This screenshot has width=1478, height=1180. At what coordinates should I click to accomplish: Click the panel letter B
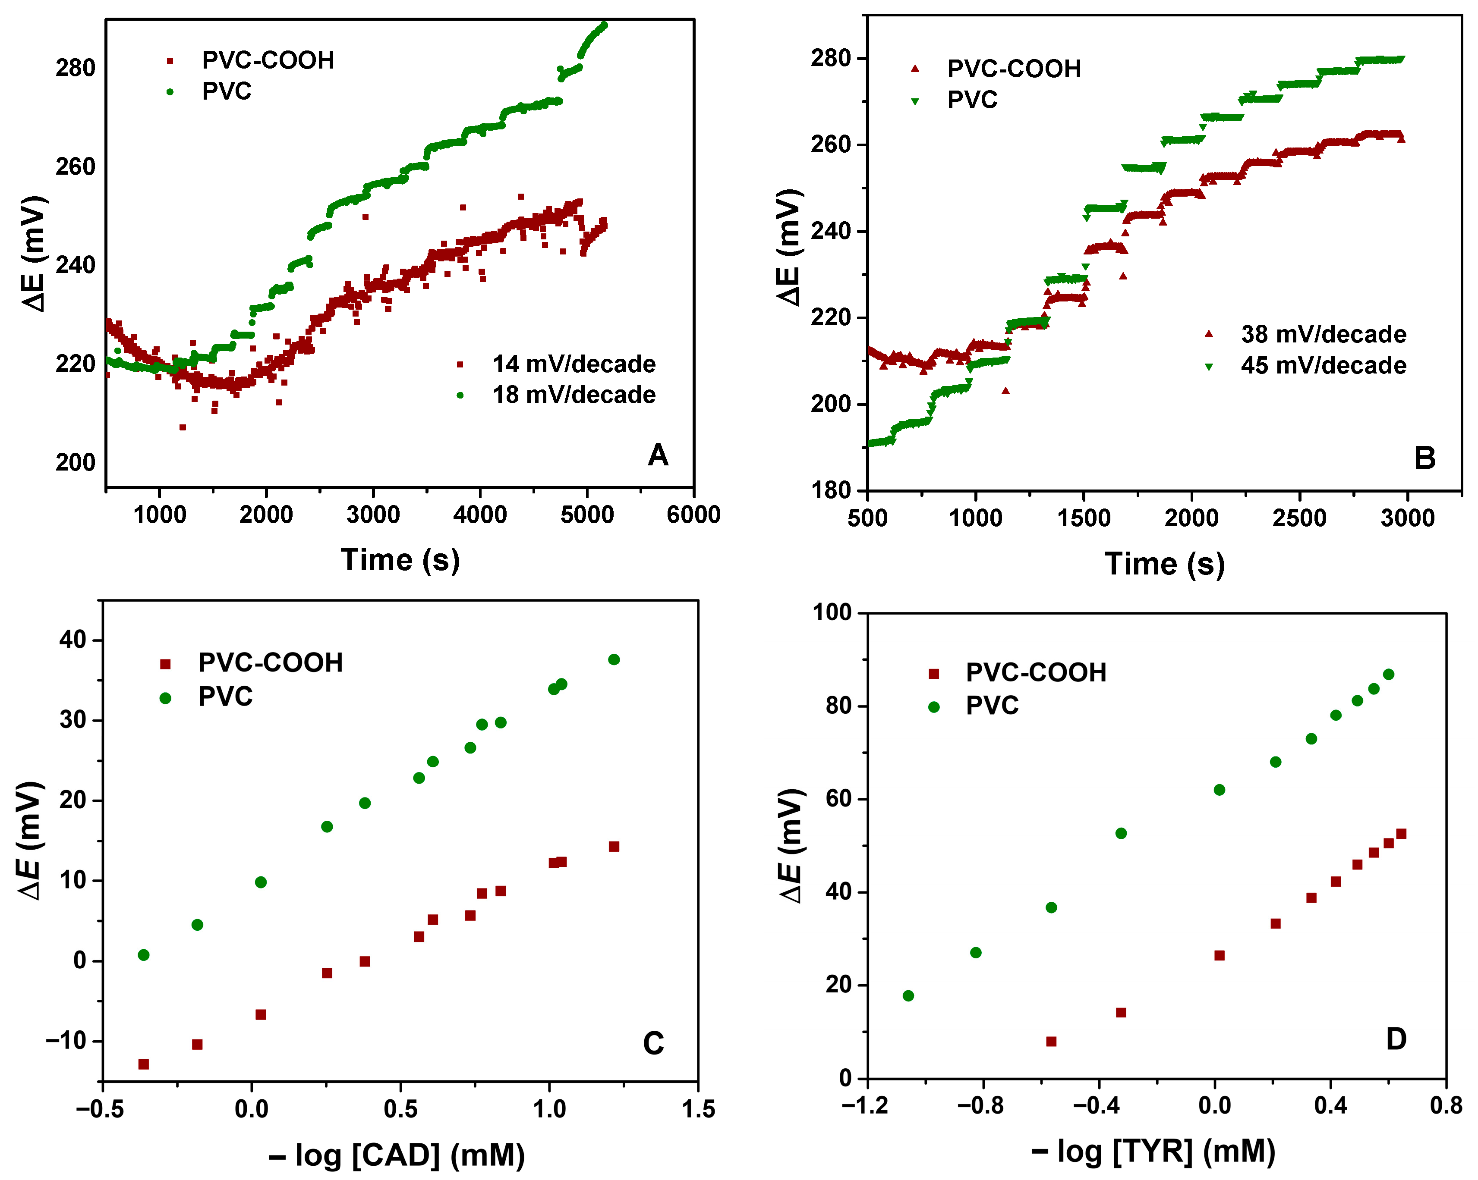pos(1424,458)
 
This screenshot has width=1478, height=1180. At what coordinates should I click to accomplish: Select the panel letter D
pos(1396,1039)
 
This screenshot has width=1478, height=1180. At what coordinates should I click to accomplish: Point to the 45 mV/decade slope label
pos(1323,365)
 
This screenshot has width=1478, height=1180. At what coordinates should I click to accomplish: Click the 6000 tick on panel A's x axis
pos(693,514)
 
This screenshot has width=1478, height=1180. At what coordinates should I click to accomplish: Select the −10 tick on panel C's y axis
pos(66,1041)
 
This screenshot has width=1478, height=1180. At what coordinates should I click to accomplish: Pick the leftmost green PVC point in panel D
pos(908,996)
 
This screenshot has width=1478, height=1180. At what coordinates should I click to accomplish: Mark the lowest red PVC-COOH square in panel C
pos(143,1064)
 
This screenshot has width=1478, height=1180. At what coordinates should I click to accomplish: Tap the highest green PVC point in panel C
pos(614,659)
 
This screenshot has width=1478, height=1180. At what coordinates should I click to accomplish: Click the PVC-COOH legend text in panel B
pos(1013,69)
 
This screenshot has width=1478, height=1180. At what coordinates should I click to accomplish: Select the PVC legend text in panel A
pos(226,91)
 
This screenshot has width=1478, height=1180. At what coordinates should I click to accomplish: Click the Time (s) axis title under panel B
pos(1164,564)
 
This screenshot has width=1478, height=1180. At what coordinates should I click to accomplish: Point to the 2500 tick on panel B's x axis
pos(1299,518)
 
